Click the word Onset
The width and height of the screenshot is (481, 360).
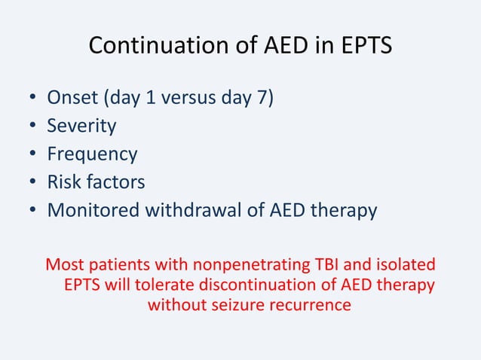tap(73, 99)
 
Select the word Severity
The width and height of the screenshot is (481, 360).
tap(81, 127)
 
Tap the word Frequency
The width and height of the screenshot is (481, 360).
tap(92, 154)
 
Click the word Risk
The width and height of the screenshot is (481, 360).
tap(63, 182)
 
